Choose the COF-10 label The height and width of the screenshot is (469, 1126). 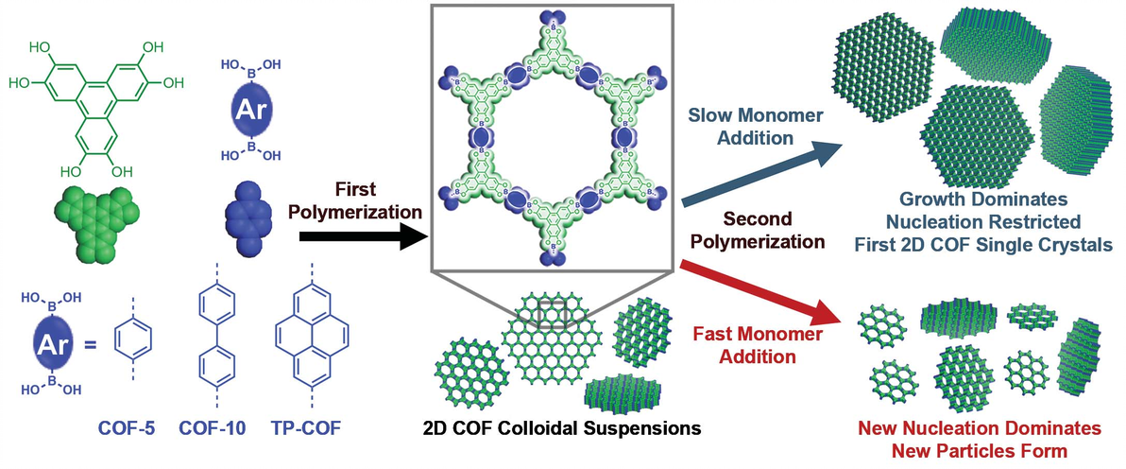pos(211,428)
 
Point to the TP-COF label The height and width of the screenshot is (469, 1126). pos(309,428)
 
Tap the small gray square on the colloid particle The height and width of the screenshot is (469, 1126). pos(549,313)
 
